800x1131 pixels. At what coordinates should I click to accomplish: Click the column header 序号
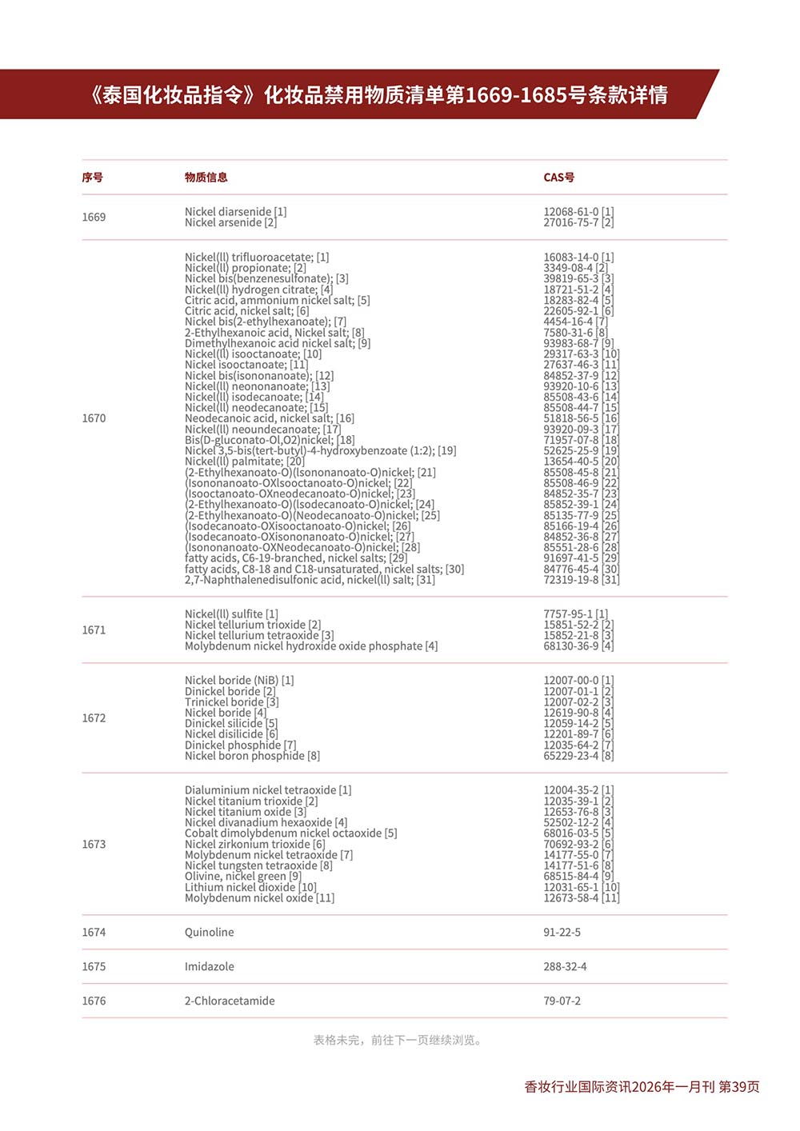[92, 178]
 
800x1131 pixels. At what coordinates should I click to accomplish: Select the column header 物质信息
[206, 178]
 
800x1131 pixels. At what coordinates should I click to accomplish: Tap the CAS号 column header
[558, 178]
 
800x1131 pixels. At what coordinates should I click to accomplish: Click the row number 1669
[94, 218]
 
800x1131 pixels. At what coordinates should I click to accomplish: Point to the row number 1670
[94, 418]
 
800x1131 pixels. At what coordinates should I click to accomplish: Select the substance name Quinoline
[210, 933]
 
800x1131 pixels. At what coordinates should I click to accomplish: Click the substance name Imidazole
[210, 967]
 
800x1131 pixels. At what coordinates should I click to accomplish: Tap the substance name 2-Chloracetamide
[230, 1001]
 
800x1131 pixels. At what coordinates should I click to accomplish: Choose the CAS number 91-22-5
[562, 933]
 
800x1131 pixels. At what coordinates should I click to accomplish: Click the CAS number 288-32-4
[565, 967]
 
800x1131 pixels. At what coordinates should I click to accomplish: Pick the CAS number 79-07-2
[562, 1001]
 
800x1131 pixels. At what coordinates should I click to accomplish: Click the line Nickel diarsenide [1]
[235, 212]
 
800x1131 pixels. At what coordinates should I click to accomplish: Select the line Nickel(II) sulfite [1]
[231, 614]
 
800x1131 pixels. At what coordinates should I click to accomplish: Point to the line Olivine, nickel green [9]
[242, 877]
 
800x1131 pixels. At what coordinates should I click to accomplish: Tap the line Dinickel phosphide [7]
[240, 745]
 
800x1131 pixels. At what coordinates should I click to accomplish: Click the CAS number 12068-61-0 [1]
[578, 212]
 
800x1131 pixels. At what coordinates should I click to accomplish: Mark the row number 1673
[94, 845]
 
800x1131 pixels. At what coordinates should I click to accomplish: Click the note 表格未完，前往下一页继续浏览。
[398, 1041]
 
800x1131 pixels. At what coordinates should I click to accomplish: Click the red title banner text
[378, 95]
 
